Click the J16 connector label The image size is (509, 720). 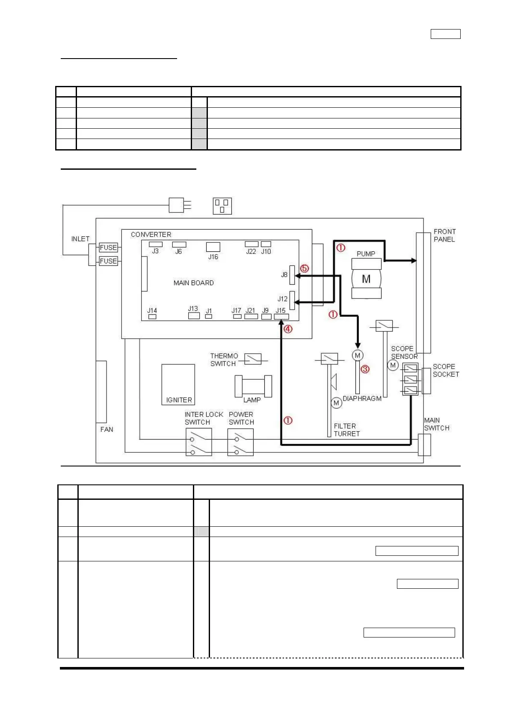tap(213, 257)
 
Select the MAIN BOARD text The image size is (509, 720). tap(194, 283)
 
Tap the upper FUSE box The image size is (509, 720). tap(108, 247)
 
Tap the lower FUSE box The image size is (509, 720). tap(108, 261)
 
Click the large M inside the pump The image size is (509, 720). tap(366, 279)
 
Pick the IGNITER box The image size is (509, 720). tap(178, 384)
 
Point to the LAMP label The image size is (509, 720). tap(252, 400)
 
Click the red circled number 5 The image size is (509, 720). tap(305, 269)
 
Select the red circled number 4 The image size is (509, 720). tap(288, 329)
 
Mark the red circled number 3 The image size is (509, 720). tap(365, 369)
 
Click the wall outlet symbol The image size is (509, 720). tap(222, 206)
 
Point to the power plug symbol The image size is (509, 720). tap(180, 205)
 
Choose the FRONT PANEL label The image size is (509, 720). tap(445, 235)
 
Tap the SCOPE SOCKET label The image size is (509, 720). tap(446, 370)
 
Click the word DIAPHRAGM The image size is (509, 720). tap(362, 398)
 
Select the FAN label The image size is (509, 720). tap(107, 429)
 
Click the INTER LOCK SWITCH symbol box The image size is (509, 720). tap(199, 442)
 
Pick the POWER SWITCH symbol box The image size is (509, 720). tap(240, 442)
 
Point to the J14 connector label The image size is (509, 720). tap(152, 310)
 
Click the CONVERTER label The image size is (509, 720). tap(151, 235)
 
